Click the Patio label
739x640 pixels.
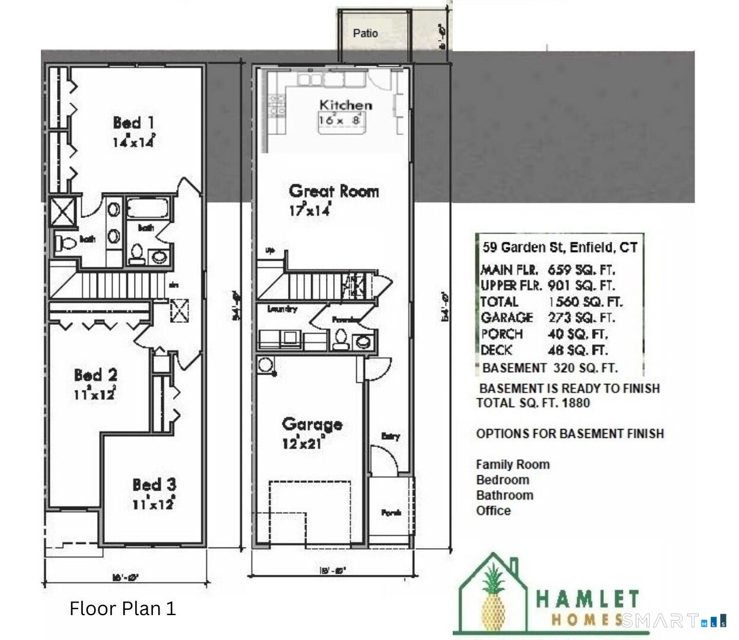click(x=365, y=33)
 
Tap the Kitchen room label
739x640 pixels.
click(x=345, y=105)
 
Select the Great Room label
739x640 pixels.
click(x=334, y=191)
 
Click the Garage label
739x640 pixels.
click(x=312, y=424)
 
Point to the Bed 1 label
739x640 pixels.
click(x=134, y=123)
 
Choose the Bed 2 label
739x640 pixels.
click(x=95, y=375)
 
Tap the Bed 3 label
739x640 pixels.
click(x=154, y=485)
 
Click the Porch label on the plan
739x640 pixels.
click(x=391, y=513)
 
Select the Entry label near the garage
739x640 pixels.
click(x=390, y=437)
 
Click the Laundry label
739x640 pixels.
click(x=282, y=309)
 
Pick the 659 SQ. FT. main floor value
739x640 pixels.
click(x=581, y=270)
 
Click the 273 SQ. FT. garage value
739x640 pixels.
click(x=581, y=318)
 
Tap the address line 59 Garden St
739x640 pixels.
click(x=559, y=247)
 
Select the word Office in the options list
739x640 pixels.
click(x=493, y=510)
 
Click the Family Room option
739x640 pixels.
click(x=513, y=465)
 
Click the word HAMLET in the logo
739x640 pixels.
click(x=587, y=599)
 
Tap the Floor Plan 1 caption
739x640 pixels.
click(x=122, y=609)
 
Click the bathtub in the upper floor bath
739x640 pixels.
click(x=148, y=209)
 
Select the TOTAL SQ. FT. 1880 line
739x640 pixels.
click(x=533, y=403)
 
